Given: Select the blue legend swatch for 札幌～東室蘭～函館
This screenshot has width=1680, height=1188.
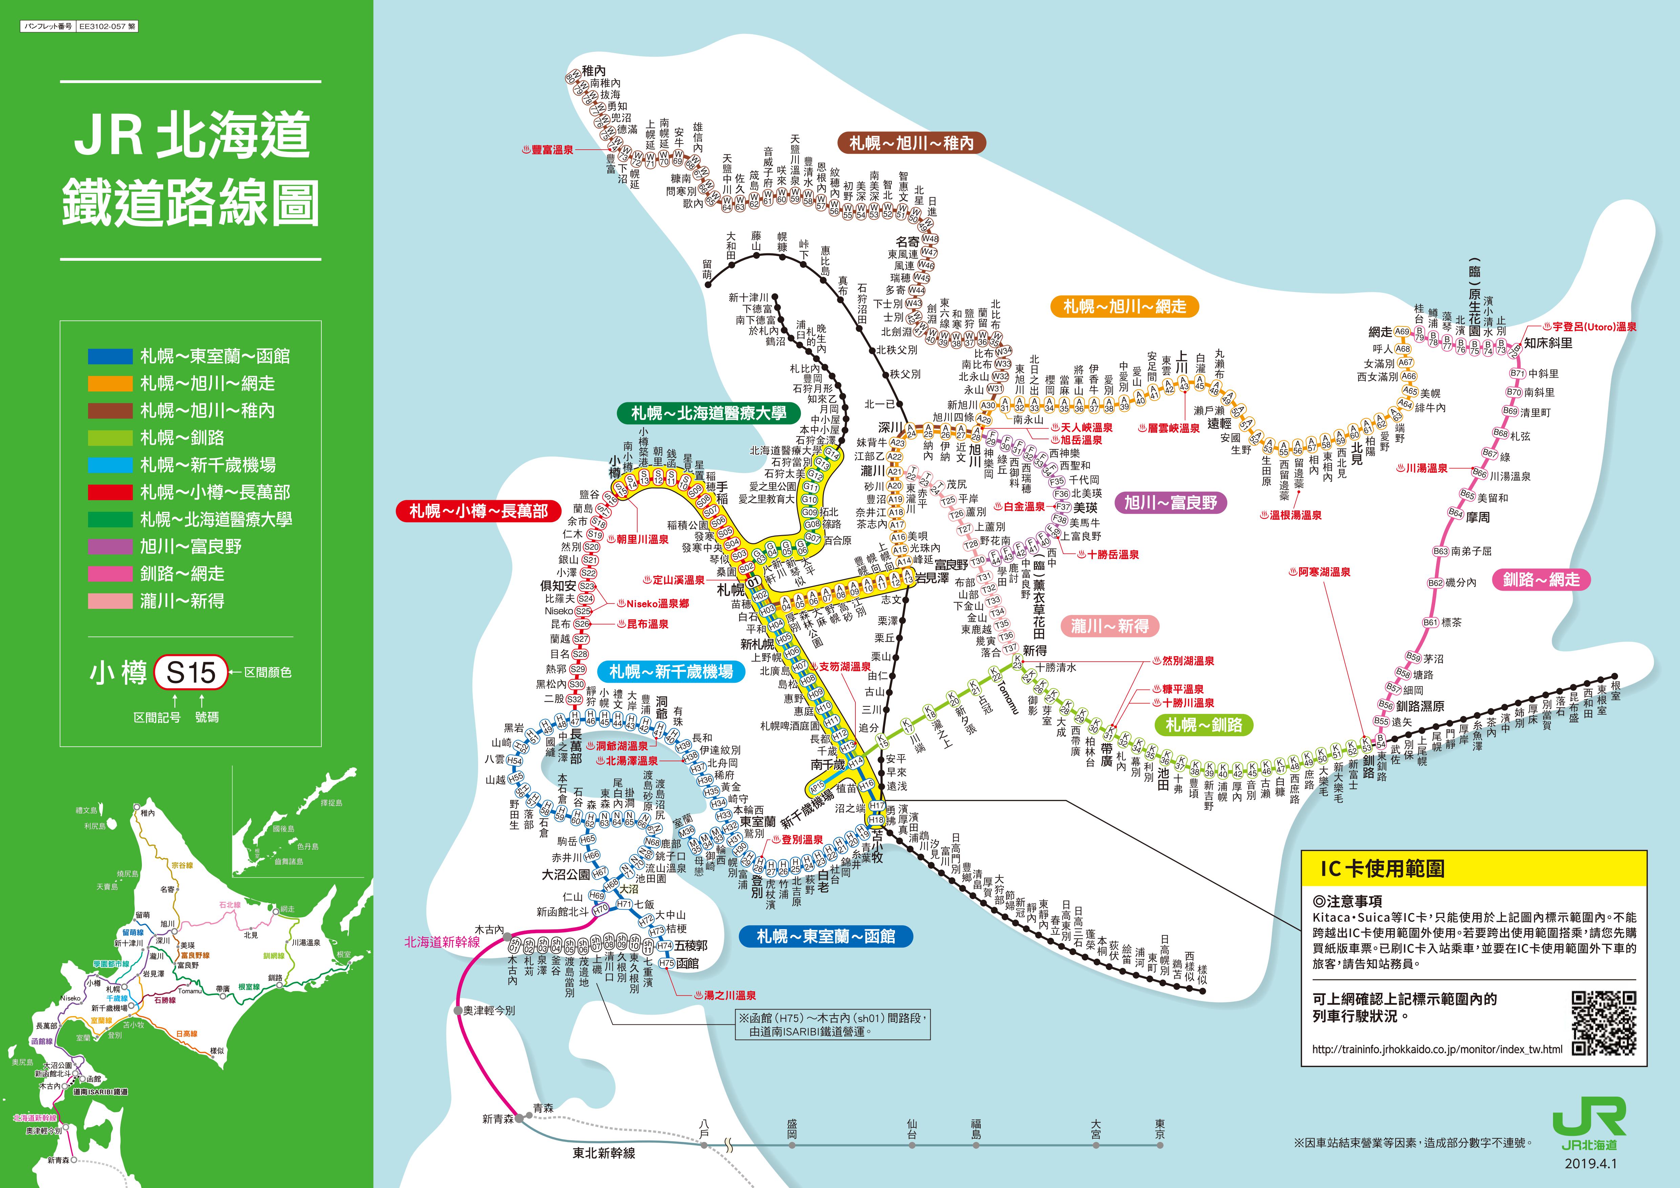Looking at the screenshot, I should (x=110, y=356).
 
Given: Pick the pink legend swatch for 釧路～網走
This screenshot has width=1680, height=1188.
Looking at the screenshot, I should (x=110, y=574).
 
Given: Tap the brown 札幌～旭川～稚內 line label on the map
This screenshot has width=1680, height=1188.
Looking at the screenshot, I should (x=911, y=143).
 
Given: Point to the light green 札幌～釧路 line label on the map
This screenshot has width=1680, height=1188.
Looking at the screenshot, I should (x=1204, y=725).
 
